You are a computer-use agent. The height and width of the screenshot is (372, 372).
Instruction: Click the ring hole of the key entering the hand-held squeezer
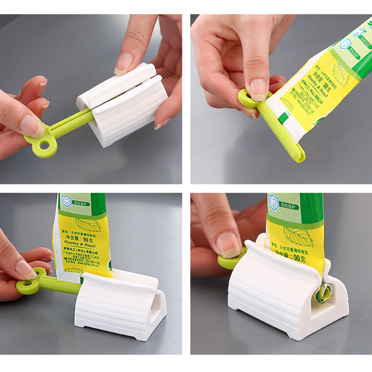45,146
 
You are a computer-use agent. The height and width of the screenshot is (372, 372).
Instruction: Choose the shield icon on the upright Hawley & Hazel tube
66,201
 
